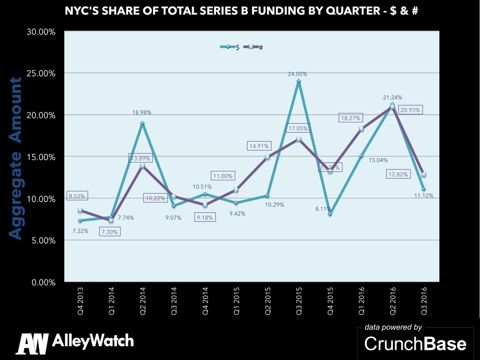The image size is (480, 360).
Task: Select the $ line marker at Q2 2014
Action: (x=142, y=123)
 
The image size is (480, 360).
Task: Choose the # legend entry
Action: (x=255, y=47)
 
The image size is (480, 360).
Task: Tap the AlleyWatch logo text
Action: (x=93, y=341)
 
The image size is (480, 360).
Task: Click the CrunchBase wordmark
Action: (x=415, y=344)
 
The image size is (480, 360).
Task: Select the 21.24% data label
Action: (x=392, y=97)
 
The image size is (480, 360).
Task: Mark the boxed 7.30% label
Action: (x=108, y=231)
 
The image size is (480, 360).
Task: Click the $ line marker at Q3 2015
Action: (x=299, y=81)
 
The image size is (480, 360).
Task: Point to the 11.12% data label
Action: (x=424, y=195)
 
